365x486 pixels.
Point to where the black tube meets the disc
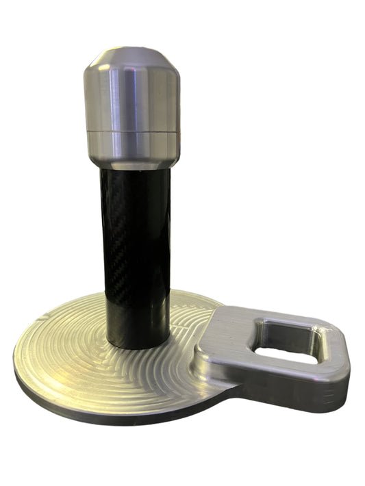[x=137, y=346]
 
